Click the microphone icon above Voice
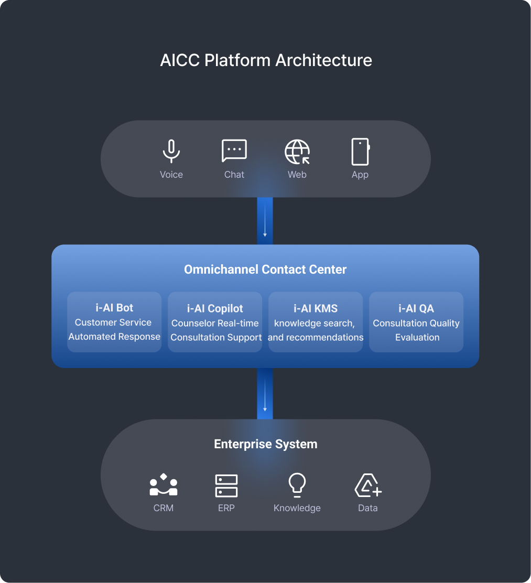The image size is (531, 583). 171,152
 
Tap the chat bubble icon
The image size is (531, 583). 234,151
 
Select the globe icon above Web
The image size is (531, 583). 297,152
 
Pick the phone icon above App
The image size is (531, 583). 360,152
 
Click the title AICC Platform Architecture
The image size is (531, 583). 266,60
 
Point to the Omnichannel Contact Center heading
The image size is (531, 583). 265,269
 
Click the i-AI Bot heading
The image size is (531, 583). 114,308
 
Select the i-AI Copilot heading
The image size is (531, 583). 215,308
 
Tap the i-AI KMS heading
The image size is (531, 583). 316,308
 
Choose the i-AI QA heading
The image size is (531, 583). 416,308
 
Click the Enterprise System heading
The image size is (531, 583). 266,444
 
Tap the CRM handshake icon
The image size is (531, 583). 164,485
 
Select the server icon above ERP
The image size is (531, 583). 226,485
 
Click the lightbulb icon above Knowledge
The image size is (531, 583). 297,485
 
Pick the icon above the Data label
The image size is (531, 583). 367,485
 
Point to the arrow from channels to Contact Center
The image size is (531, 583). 265,221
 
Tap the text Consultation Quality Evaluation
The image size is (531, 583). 416,330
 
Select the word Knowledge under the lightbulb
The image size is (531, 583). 297,508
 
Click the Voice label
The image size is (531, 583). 171,175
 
